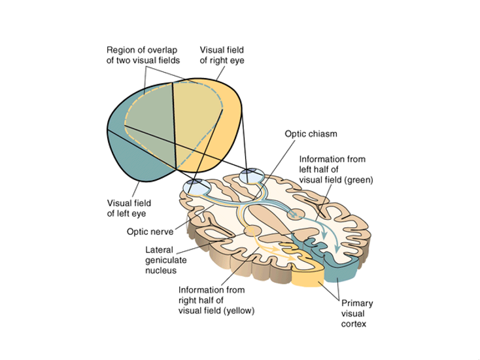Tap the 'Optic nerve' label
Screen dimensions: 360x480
(150, 232)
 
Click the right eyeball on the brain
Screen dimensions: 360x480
(252, 175)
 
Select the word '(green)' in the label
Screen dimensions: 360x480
(358, 180)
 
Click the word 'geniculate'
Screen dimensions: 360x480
(165, 260)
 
